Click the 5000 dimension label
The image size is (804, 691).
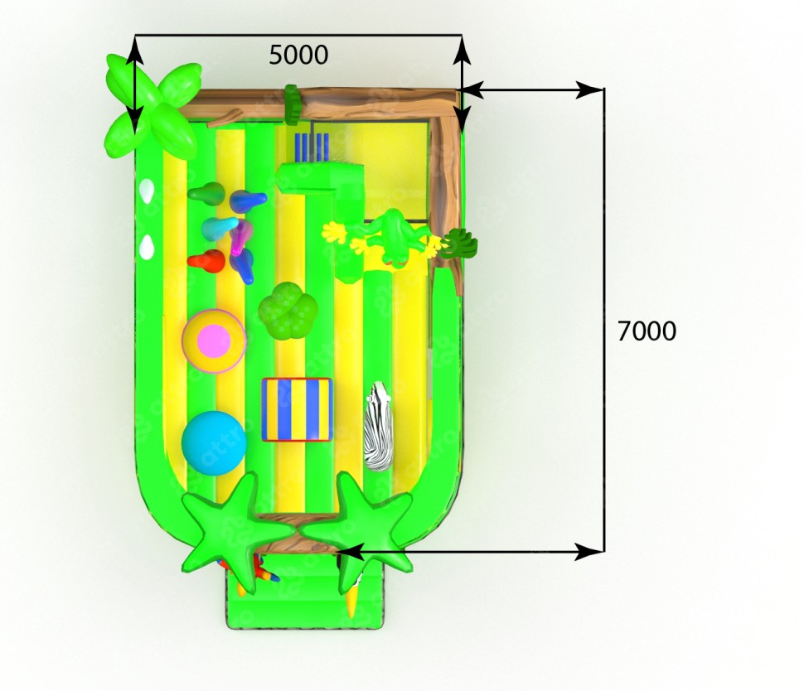[x=298, y=55]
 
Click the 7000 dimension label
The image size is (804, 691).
[x=647, y=331]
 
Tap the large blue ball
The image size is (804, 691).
[x=214, y=443]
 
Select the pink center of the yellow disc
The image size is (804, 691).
[x=214, y=341]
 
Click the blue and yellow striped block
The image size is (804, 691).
[x=297, y=409]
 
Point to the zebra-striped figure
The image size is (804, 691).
[x=379, y=425]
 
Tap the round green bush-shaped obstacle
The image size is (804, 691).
[x=287, y=311]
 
